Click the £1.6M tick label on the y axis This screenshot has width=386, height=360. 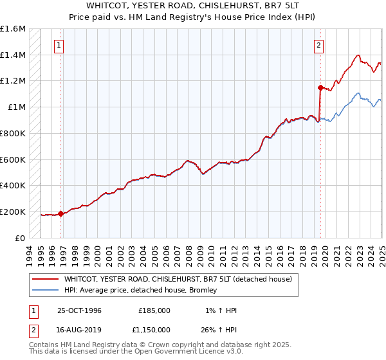click(x=13, y=29)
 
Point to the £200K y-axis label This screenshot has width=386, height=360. click(x=13, y=212)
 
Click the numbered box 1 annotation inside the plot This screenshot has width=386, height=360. click(x=59, y=45)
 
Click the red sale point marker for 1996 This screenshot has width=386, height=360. click(x=60, y=213)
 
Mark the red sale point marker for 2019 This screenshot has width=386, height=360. click(x=320, y=87)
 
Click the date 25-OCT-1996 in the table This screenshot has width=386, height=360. click(x=80, y=310)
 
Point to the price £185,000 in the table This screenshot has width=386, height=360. click(x=154, y=310)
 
